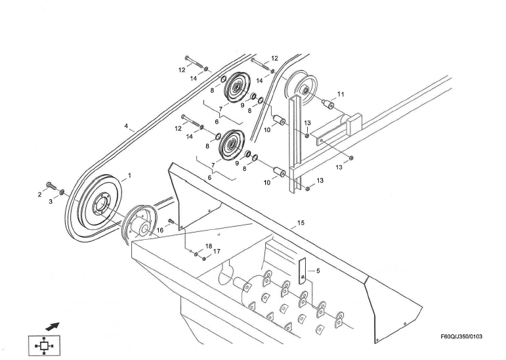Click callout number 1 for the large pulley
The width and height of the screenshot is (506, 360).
point(129,175)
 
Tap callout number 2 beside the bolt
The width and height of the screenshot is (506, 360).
point(39,195)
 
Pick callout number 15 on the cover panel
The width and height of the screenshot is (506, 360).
point(301,223)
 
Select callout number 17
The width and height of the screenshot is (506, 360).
point(217,252)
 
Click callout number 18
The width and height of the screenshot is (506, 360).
point(208,246)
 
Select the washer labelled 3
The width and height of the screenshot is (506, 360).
point(62,192)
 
